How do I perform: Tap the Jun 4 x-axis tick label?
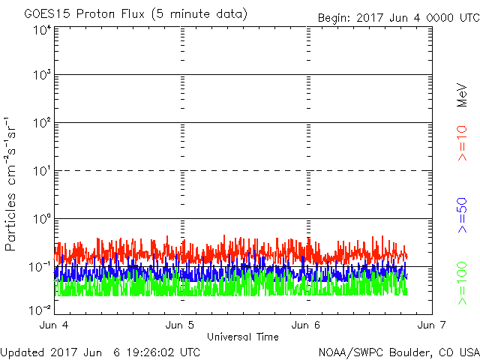coord(54,325)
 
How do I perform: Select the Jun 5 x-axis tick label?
coord(180,325)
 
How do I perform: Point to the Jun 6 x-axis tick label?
coord(305,325)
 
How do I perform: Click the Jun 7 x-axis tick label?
coord(432,325)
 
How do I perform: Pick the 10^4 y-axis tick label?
coord(42,30)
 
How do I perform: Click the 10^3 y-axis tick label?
coord(42,75)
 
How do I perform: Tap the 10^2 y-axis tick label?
coord(42,123)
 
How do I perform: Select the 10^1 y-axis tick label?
coord(42,171)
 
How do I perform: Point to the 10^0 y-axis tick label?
coord(42,219)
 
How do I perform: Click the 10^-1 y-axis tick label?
coord(40,267)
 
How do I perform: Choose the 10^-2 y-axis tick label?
coord(40,310)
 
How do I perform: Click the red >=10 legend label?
coord(462,143)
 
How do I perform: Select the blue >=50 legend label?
coord(462,215)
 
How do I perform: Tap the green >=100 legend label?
coord(462,283)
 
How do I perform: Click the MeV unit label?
coord(462,95)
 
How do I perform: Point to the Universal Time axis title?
coord(243,337)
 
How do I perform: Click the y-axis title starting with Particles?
coord(10,184)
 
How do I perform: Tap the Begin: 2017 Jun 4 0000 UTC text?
coord(399,18)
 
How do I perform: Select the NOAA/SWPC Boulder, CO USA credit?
coord(399,352)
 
